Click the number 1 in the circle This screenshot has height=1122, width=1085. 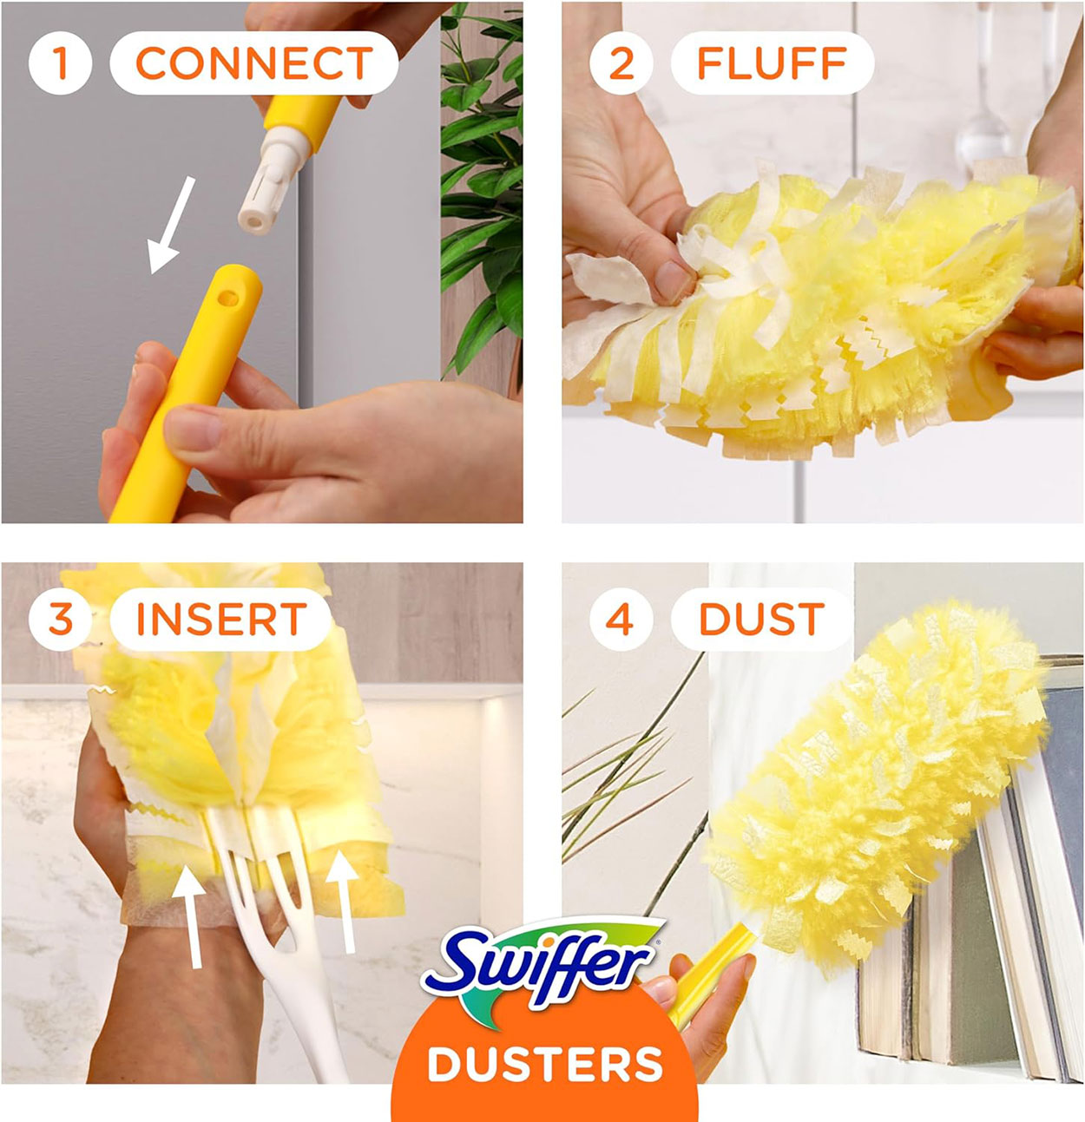coord(60,62)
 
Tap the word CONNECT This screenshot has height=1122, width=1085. coord(253,63)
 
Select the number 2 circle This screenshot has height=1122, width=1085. coord(621,63)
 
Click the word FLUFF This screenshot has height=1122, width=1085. coord(772,63)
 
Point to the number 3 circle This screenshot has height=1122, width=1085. coord(60,620)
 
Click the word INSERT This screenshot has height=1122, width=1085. coord(220,620)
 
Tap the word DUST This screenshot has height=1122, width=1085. coord(761,620)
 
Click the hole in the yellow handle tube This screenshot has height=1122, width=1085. coord(228,298)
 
